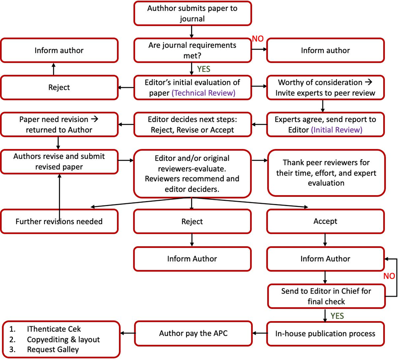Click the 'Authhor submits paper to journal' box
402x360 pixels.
click(192, 13)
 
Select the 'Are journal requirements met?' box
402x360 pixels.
click(192, 50)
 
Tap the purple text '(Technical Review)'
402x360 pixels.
click(204, 93)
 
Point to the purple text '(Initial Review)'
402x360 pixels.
click(337, 130)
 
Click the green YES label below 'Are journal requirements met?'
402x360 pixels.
click(204, 69)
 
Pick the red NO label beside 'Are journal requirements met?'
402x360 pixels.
click(257, 39)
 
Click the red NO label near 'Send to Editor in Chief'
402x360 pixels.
click(389, 276)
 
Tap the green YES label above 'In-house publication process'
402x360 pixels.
click(337, 316)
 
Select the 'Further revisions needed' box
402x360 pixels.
click(59, 221)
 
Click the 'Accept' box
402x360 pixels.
click(325, 221)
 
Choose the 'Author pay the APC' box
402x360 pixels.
click(193, 333)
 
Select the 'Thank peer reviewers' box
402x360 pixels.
click(326, 173)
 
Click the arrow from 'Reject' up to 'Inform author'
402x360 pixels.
click(53, 69)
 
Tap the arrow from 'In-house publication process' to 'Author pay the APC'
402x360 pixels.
click(260, 333)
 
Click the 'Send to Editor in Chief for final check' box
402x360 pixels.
click(326, 296)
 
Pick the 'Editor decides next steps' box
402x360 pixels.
click(192, 125)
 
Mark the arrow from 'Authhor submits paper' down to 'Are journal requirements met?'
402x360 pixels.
click(192, 32)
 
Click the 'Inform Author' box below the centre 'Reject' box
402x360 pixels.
click(192, 259)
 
